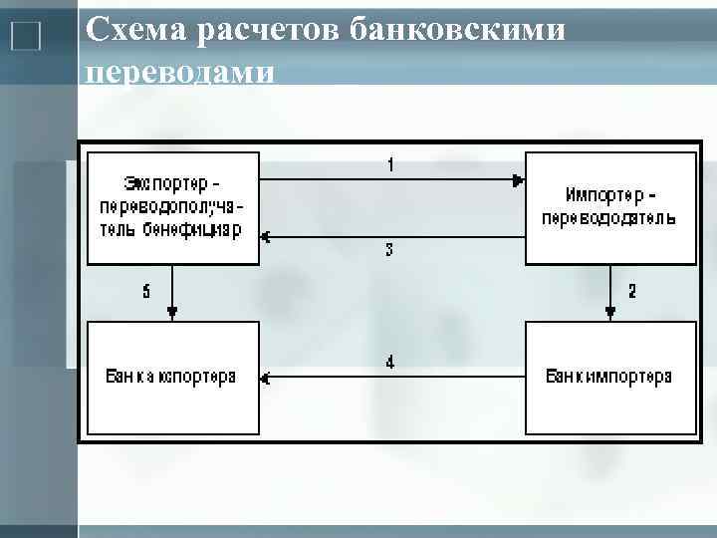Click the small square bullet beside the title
click(x=25, y=38)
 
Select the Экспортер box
click(x=173, y=207)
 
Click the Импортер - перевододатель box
click(x=609, y=207)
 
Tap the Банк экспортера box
click(x=173, y=378)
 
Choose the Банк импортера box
click(x=609, y=378)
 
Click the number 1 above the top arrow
click(x=390, y=165)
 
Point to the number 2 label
click(x=630, y=291)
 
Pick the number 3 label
click(x=389, y=251)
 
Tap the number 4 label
click(x=390, y=363)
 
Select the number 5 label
click(x=146, y=291)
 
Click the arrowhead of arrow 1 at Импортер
click(x=518, y=180)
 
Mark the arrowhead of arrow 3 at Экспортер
click(x=266, y=237)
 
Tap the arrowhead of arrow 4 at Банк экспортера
click(x=266, y=379)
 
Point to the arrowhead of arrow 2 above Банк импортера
click(x=609, y=315)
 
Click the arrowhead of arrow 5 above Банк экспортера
click(x=173, y=315)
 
